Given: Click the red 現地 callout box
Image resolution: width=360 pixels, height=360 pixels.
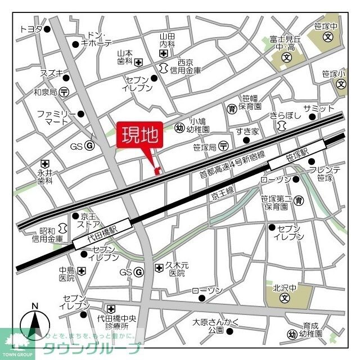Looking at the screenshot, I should point(139,136).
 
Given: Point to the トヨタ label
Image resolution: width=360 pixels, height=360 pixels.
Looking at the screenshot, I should point(31,29).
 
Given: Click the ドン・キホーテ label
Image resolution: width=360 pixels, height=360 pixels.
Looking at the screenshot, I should point(96,39).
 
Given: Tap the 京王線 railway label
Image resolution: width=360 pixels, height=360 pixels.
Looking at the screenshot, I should point(222,195).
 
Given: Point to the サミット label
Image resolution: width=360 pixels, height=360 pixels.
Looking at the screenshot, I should point(318,108).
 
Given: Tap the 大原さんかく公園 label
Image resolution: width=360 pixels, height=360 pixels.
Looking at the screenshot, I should point(209,326).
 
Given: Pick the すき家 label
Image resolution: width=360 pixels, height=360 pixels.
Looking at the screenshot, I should point(247,132).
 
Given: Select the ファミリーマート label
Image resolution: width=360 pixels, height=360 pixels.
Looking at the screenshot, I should point(56,117).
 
